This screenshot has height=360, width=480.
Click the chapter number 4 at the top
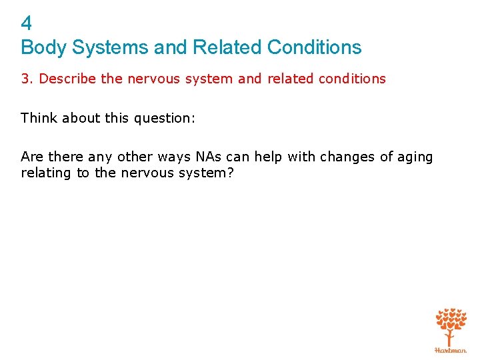(27, 24)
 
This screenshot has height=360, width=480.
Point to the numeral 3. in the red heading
(27, 79)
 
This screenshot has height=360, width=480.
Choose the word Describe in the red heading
(68, 79)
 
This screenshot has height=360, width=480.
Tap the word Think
(39, 118)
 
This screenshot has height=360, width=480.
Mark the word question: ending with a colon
(167, 118)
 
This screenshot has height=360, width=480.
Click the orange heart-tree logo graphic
(451, 325)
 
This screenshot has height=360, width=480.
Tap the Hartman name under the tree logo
(451, 350)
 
